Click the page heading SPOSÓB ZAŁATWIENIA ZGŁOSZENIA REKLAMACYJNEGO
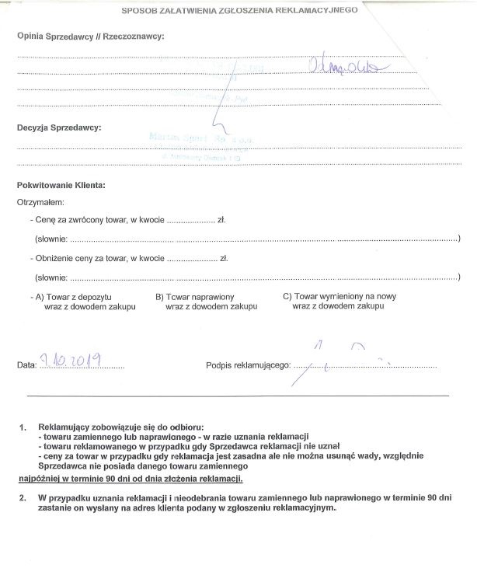click(239, 12)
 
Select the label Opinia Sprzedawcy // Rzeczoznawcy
click(90, 37)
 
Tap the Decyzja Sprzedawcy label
click(59, 127)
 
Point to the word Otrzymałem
click(41, 202)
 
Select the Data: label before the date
click(27, 364)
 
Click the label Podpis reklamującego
click(248, 364)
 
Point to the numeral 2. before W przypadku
click(23, 497)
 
